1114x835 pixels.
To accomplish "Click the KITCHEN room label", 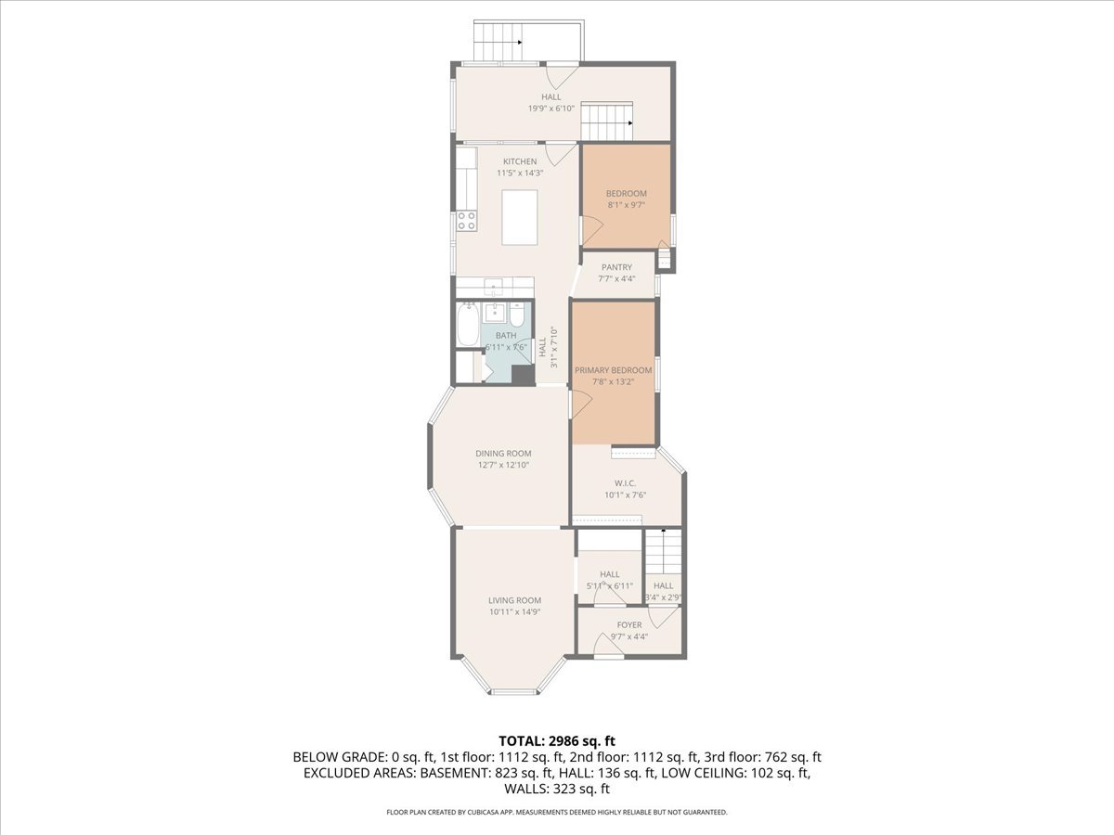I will coord(520,161).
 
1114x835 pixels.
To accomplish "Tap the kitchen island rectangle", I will coord(520,217).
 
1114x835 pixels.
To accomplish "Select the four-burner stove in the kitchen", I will coord(466,221).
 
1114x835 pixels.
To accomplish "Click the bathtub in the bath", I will coord(467,326).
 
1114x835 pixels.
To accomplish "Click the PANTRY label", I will coord(616,267).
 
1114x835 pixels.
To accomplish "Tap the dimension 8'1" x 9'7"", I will coord(625,205).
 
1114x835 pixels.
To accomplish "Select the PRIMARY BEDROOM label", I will coord(613,370).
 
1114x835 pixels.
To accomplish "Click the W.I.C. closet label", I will coord(624,483).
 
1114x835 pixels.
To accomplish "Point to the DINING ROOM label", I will coord(504,454).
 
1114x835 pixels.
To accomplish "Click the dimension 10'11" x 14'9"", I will coord(514,611).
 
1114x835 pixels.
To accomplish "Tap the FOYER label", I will coord(629,625).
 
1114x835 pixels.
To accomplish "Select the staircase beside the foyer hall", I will coord(663,553).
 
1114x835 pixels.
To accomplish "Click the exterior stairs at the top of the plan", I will coord(498,41).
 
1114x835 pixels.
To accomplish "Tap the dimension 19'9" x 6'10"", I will coord(551,109).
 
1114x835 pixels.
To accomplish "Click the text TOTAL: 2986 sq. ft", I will coord(557,740).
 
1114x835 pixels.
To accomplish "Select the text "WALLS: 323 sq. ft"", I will coord(557,790).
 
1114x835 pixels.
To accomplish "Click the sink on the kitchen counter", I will coord(495,284).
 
